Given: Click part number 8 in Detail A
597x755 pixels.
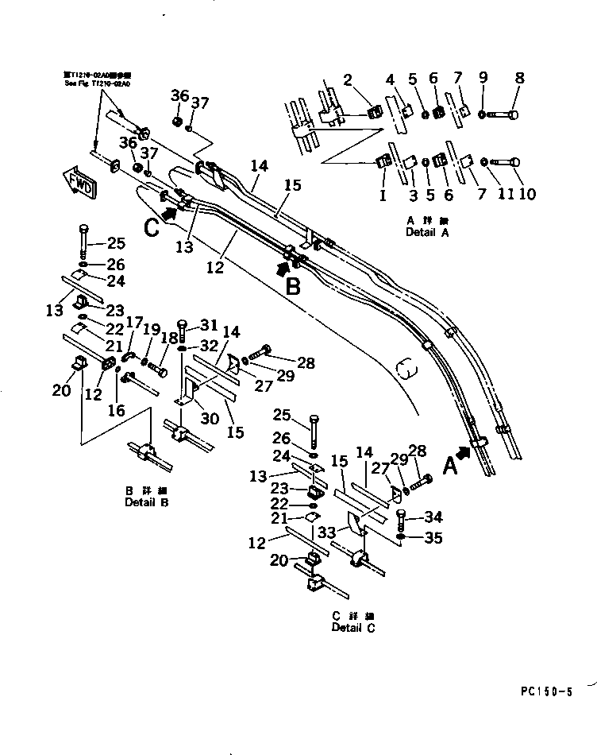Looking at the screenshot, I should coord(520,79).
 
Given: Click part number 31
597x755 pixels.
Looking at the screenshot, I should coord(207,324).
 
